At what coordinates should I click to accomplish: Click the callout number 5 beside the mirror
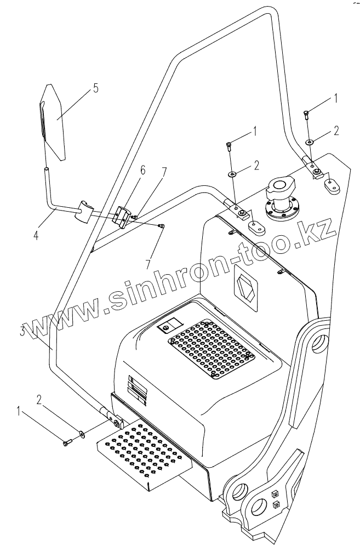96,88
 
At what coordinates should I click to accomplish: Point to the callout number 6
142,171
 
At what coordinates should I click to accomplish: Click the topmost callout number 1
336,98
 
